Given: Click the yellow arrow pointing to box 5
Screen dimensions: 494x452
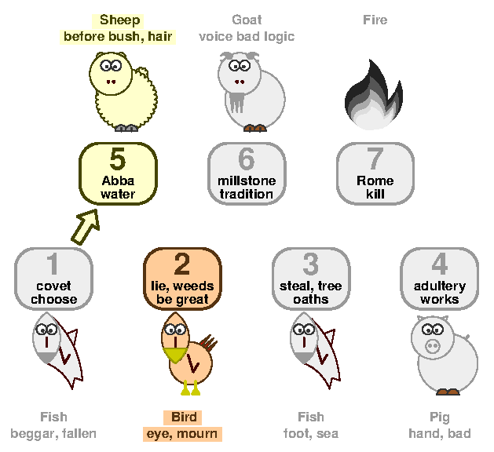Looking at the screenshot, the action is click(x=86, y=226).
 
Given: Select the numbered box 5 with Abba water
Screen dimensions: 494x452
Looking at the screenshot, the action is click(x=118, y=173).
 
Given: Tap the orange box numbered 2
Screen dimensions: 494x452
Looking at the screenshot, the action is click(x=182, y=279).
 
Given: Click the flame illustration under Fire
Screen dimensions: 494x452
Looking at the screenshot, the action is click(x=374, y=94).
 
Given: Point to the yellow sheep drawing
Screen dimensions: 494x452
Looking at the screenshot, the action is click(x=123, y=91).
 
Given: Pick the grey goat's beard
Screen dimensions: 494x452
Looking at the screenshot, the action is click(x=237, y=102).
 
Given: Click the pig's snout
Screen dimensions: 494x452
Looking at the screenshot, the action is click(x=432, y=346).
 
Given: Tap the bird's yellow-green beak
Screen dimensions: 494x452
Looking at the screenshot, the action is click(x=175, y=355).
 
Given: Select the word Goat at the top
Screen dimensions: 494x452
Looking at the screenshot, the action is click(x=247, y=20).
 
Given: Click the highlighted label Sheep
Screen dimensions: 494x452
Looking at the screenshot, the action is click(x=119, y=20).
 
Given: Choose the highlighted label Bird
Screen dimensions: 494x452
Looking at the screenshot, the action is click(x=184, y=417).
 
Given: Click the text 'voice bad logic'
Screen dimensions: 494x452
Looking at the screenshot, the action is click(x=247, y=37).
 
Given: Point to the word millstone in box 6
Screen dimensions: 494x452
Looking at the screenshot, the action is click(x=247, y=180).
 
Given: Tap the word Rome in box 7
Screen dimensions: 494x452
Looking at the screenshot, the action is click(x=375, y=180).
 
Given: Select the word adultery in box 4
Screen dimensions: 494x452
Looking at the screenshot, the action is click(x=440, y=286).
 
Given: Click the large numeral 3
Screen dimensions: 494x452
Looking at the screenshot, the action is click(x=311, y=264).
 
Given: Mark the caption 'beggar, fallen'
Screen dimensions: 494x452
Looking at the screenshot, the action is click(x=53, y=434).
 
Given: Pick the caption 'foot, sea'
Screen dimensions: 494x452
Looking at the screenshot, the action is click(x=311, y=434).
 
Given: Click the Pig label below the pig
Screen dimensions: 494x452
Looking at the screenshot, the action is click(x=440, y=417).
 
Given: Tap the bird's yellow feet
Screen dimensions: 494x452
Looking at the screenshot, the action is click(x=191, y=388).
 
